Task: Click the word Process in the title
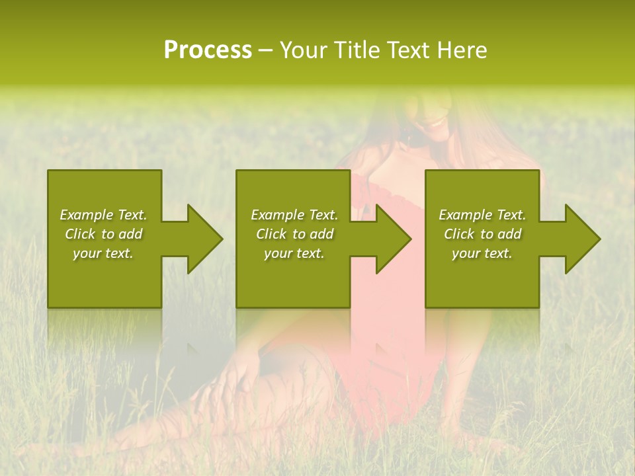pos(208,50)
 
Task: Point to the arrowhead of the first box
pos(202,239)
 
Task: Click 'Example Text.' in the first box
pos(103,215)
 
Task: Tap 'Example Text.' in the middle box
pos(294,215)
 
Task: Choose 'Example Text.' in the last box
pos(482,215)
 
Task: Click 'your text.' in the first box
pos(103,253)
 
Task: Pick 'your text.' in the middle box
pos(294,253)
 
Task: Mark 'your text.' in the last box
pos(482,253)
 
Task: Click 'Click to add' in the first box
pos(103,234)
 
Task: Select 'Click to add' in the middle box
pos(294,234)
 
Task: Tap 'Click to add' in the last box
pos(482,234)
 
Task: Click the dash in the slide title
pos(265,51)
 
